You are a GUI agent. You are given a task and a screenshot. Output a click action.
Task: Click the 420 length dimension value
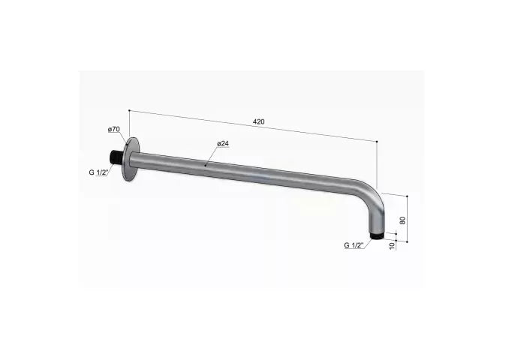259,121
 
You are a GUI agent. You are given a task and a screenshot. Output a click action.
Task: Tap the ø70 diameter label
114,129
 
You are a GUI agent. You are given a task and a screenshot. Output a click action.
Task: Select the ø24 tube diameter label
223,144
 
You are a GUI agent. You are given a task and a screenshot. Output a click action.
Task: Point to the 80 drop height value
402,220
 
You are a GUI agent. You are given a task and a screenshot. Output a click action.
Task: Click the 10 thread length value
392,245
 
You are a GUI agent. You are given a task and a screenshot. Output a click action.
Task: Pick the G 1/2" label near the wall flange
98,172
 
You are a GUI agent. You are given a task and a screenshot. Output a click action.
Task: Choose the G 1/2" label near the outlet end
354,245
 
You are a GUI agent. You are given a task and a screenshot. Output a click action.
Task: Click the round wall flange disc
131,159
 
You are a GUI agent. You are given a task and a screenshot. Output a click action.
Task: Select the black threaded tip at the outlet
377,236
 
